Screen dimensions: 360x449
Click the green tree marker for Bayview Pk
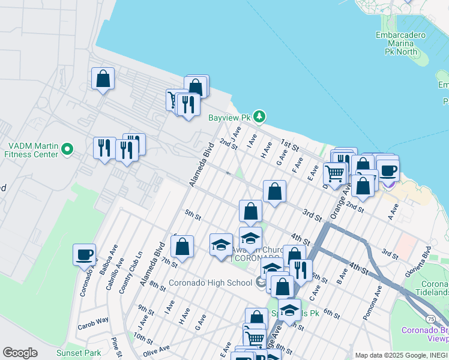[259, 116]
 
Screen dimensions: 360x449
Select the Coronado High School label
[218, 283]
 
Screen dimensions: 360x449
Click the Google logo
[20, 353]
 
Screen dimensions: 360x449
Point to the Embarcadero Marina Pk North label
[401, 43]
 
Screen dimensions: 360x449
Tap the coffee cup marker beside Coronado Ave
[84, 254]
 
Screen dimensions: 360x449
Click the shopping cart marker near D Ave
[334, 173]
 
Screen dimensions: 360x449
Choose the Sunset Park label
[79, 353]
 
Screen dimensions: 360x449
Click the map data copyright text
[401, 355]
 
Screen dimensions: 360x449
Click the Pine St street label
[115, 346]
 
